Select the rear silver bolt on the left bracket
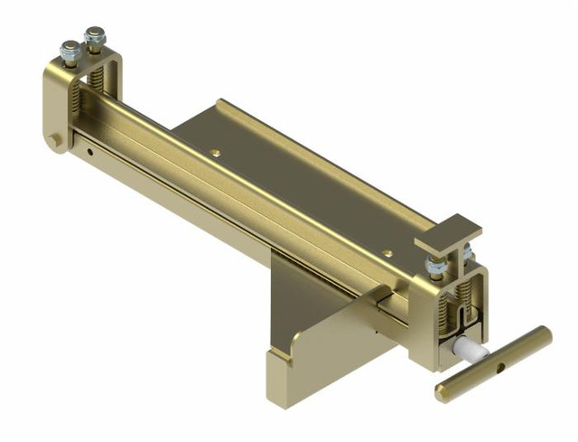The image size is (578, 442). [93, 38]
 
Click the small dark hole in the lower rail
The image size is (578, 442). [91, 151]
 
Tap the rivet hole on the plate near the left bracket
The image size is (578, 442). [216, 152]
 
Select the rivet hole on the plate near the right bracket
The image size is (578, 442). [387, 253]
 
